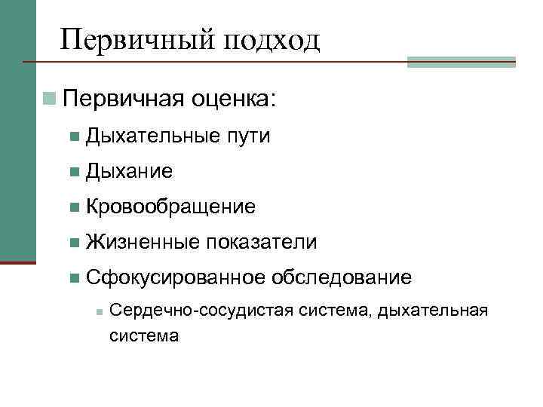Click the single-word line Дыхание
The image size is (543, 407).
tap(130, 172)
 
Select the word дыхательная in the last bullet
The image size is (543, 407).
tap(433, 311)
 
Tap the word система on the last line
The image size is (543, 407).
tap(144, 335)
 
